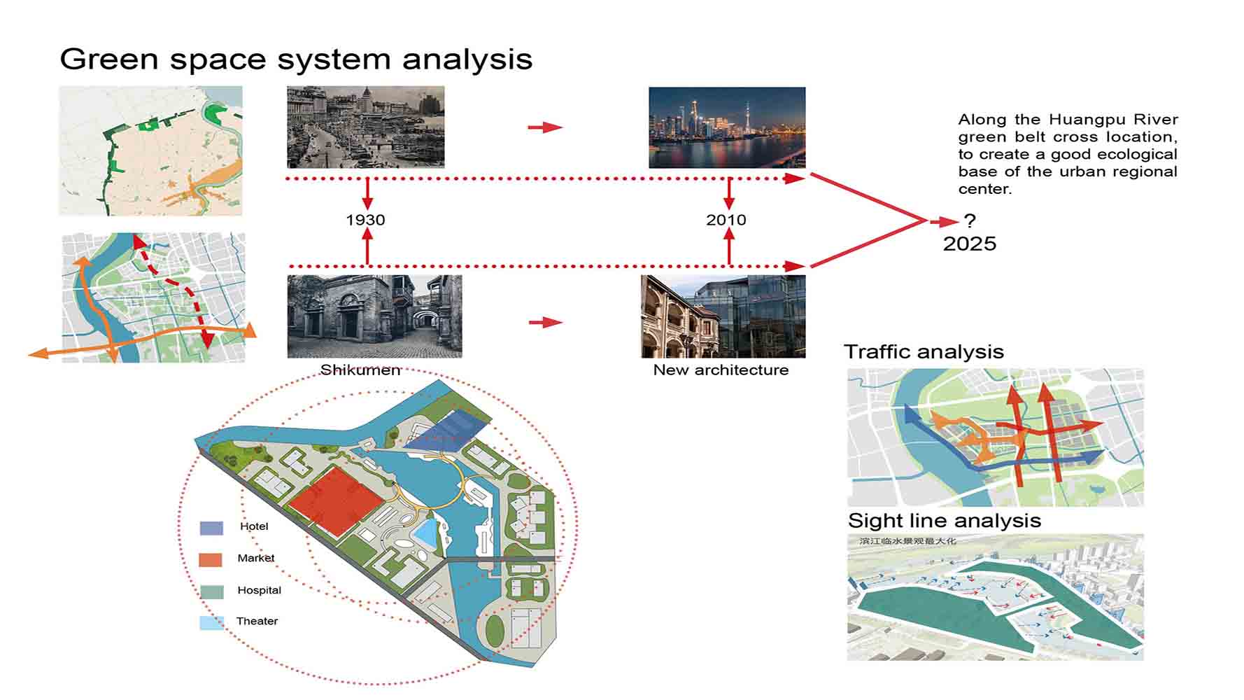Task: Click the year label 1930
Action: pyautogui.click(x=365, y=220)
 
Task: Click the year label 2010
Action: pyautogui.click(x=726, y=220)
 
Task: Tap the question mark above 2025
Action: pyautogui.click(x=969, y=220)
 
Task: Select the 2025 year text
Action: pyautogui.click(x=970, y=244)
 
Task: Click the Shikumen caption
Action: pyautogui.click(x=360, y=370)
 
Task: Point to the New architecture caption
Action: pyautogui.click(x=721, y=370)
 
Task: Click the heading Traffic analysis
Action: pyautogui.click(x=924, y=351)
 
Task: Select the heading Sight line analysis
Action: pyautogui.click(x=945, y=520)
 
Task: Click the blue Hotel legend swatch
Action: pyautogui.click(x=211, y=528)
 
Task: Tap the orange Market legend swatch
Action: pyautogui.click(x=211, y=559)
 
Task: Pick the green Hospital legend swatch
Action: pyautogui.click(x=211, y=591)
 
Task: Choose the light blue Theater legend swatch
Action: pyautogui.click(x=211, y=622)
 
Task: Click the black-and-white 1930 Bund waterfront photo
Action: pyautogui.click(x=365, y=127)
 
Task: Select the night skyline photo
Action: pyautogui.click(x=727, y=127)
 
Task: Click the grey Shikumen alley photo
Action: pyautogui.click(x=374, y=316)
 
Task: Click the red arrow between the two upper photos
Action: pyautogui.click(x=545, y=127)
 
